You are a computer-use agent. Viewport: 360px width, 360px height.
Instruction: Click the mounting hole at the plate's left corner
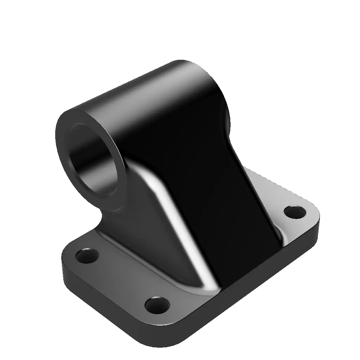[x=87, y=256]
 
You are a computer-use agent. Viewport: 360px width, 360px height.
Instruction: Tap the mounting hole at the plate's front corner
[x=157, y=305]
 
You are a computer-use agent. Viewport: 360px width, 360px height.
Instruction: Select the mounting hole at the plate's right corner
[x=295, y=212]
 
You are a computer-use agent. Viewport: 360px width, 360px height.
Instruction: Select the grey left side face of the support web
[x=141, y=225]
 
